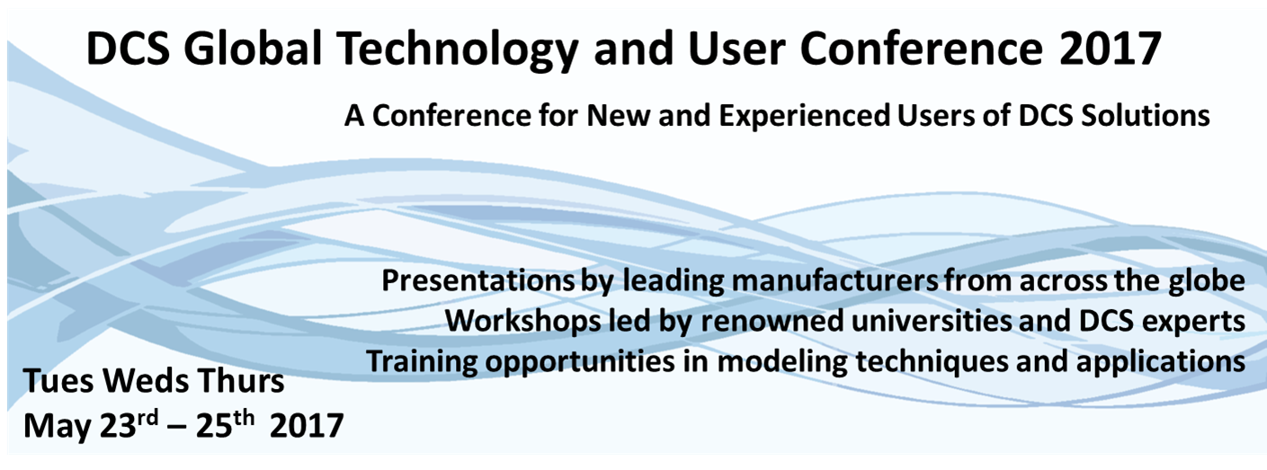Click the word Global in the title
click(x=253, y=49)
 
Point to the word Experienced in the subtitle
click(x=804, y=117)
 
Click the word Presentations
click(x=478, y=280)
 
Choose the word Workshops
click(x=523, y=321)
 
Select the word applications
click(x=1161, y=362)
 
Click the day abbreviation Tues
click(x=58, y=382)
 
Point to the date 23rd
click(x=129, y=424)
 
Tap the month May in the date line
click(x=58, y=427)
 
